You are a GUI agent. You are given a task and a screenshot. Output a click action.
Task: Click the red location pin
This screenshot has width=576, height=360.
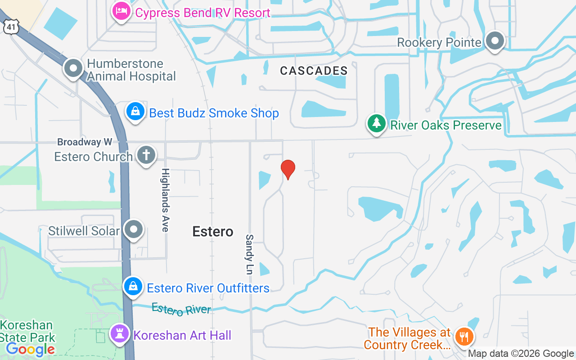click(x=288, y=169)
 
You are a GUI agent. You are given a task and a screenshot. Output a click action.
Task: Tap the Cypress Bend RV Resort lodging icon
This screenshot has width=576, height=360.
click(x=121, y=11)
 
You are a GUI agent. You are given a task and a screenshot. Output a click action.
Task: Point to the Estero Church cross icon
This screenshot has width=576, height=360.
click(x=146, y=155)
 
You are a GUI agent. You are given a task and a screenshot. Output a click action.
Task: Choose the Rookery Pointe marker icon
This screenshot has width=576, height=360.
click(x=495, y=41)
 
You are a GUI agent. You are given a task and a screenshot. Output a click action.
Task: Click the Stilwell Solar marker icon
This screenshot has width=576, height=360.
click(x=134, y=229)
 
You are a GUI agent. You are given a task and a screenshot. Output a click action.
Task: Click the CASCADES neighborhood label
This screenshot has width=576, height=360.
click(x=314, y=71)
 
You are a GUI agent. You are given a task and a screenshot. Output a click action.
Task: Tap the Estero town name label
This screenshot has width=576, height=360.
click(x=213, y=231)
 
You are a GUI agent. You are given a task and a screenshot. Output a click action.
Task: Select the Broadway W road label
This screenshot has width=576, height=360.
click(x=85, y=142)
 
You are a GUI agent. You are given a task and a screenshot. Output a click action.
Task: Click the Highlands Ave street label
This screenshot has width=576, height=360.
click(x=165, y=200)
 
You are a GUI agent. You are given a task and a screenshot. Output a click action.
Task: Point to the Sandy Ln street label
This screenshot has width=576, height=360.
click(x=249, y=254)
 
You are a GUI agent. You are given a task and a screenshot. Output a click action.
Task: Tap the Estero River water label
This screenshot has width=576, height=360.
click(x=181, y=309)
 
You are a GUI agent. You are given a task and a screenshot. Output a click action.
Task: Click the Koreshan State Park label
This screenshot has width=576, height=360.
click(x=27, y=331)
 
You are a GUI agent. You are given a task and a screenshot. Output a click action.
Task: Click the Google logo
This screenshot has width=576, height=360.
click(x=31, y=349)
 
